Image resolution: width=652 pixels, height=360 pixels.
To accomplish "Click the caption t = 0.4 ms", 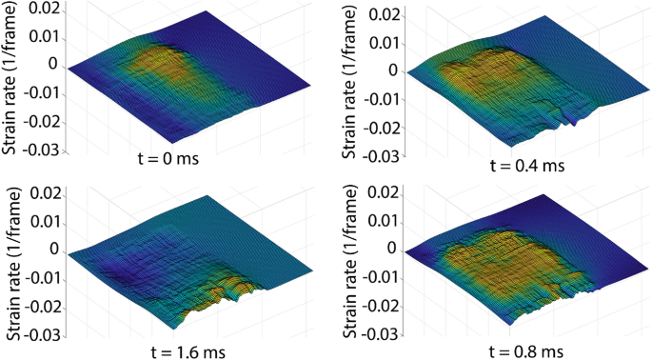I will (x=526, y=165).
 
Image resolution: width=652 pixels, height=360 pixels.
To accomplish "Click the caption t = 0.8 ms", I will (x=526, y=350).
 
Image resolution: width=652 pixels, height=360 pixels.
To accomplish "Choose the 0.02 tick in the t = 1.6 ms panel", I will (x=48, y=194).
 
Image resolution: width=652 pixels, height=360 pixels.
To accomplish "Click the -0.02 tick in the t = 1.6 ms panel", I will (x=45, y=308).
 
